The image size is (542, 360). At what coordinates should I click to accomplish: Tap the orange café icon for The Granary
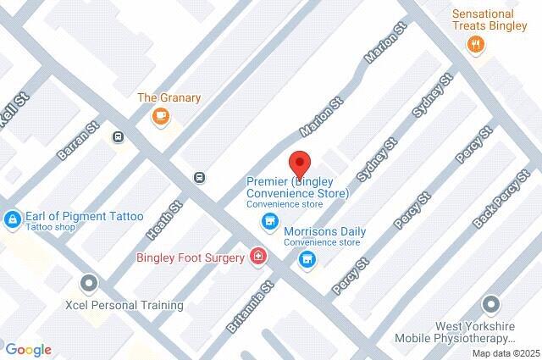[x=159, y=116]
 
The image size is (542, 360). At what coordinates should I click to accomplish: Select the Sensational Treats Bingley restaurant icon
[x=477, y=45]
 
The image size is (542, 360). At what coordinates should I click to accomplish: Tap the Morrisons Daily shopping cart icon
[x=307, y=259]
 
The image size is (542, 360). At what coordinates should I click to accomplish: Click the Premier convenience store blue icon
[x=269, y=222]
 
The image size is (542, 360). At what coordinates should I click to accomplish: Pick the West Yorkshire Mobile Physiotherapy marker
[x=490, y=303]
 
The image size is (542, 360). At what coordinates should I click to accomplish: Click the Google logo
[x=28, y=349]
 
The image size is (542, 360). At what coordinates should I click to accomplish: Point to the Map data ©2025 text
[x=506, y=353]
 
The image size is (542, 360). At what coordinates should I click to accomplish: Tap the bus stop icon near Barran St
[x=119, y=136]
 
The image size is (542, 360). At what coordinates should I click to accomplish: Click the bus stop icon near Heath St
[x=199, y=177]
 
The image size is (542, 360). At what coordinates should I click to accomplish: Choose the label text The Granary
[x=169, y=97]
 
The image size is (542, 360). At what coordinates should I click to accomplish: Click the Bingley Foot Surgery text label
[x=191, y=257]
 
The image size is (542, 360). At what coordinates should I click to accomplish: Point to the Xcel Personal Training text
[x=124, y=305]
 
